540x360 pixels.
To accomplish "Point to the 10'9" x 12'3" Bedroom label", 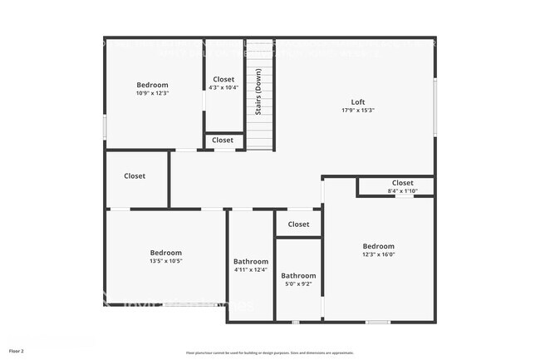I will point(152,85).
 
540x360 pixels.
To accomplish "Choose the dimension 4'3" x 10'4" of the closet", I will point(223,87).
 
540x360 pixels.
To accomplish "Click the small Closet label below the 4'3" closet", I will point(223,141).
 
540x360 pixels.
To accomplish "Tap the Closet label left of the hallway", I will point(135,176).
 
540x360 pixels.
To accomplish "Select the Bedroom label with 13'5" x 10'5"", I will point(165,253).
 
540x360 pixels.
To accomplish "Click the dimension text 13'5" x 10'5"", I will point(165,261).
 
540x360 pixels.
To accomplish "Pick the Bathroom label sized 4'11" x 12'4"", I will point(251,261).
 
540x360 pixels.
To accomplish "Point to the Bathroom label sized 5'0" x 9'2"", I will point(298,276).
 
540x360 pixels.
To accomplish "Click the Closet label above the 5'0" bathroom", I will point(298,224).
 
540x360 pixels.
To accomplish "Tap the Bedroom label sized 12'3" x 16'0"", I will point(378,246).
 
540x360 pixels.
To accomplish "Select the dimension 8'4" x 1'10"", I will point(402,191).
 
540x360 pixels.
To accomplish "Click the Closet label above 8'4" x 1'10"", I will point(402,183).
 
